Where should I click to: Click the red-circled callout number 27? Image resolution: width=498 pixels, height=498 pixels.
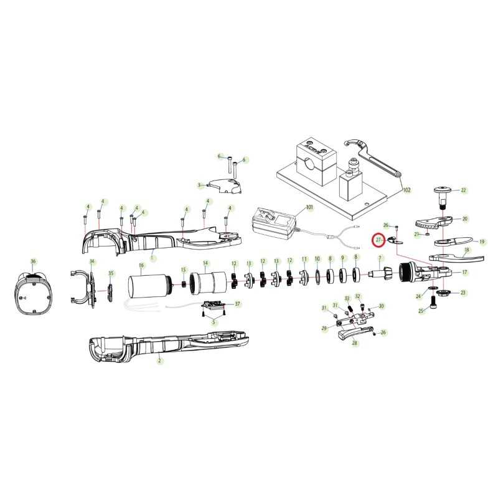[x=378, y=240]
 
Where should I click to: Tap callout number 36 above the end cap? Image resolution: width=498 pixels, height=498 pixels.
[x=34, y=261]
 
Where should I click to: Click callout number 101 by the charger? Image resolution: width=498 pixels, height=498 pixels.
[x=309, y=207]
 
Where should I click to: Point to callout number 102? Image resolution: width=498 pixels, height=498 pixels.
[x=407, y=190]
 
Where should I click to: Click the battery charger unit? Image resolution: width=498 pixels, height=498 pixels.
[x=274, y=223]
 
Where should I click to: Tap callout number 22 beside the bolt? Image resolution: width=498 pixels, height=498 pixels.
[x=463, y=190]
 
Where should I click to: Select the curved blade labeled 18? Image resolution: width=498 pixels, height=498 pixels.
[x=456, y=256]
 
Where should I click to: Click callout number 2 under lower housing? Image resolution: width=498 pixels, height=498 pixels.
[x=160, y=360]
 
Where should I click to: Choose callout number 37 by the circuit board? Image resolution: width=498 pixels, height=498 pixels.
[x=237, y=304]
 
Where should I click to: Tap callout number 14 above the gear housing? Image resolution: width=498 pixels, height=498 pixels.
[x=206, y=263]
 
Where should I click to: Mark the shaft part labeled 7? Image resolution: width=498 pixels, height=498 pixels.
[x=380, y=272]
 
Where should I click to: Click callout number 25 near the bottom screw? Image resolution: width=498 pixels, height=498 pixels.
[x=421, y=311]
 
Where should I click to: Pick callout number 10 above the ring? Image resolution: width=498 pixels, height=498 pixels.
[x=317, y=259]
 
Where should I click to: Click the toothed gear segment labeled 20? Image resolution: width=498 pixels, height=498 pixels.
[x=434, y=222]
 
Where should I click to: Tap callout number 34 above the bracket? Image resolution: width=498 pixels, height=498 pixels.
[x=92, y=261]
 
